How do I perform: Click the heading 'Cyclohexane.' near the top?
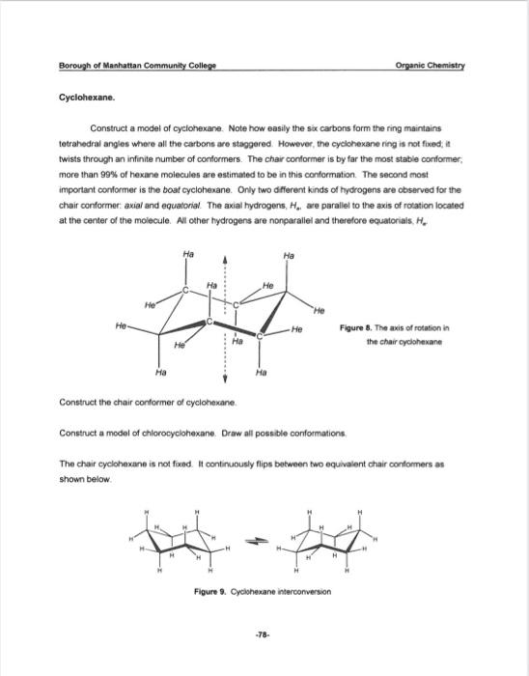[88, 98]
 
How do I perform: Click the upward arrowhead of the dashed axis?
[226, 259]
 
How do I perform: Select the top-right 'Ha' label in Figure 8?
[289, 255]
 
